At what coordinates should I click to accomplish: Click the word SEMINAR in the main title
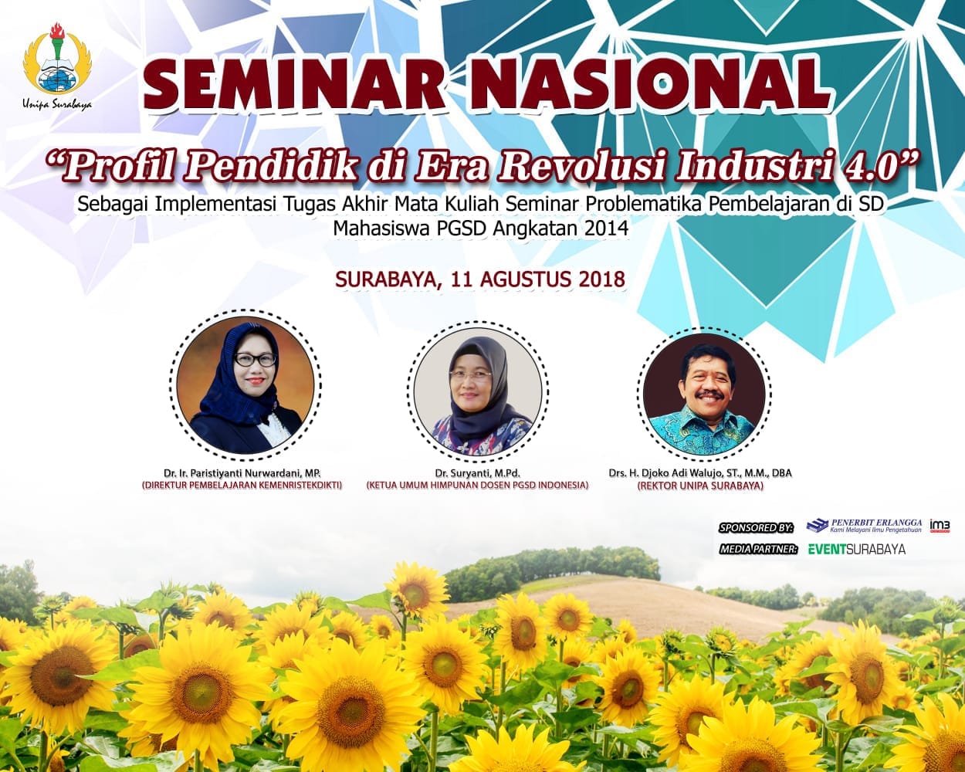tap(293, 86)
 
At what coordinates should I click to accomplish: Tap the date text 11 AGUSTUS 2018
tap(539, 279)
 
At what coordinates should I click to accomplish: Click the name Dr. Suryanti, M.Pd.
tap(477, 472)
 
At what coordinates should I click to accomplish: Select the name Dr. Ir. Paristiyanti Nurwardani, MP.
tap(242, 472)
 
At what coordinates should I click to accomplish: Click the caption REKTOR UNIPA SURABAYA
tap(700, 486)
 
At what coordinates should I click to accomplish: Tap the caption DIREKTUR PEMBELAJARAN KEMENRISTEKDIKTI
tap(242, 486)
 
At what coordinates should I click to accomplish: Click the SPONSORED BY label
tap(756, 527)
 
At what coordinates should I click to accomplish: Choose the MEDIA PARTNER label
tap(758, 549)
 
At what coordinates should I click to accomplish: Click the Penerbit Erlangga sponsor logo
tap(864, 526)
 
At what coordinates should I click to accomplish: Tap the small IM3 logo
tap(940, 526)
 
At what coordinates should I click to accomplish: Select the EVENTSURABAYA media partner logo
tap(856, 549)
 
